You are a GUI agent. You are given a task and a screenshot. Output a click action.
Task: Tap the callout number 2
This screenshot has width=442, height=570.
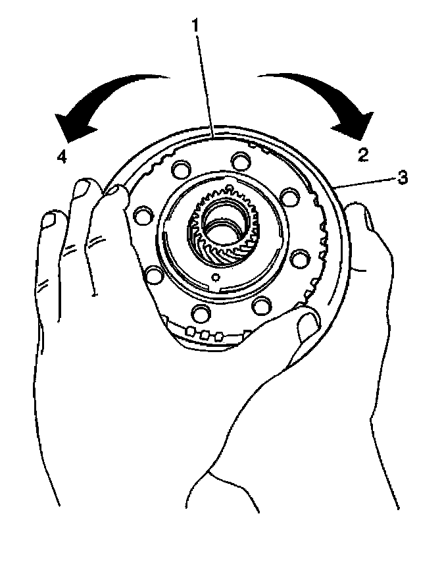click(x=362, y=155)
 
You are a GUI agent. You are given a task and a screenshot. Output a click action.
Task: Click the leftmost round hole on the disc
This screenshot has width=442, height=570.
click(x=139, y=215)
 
